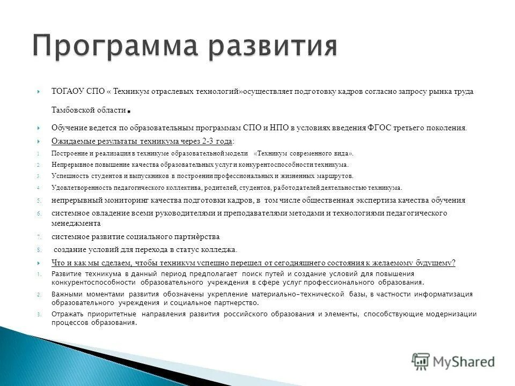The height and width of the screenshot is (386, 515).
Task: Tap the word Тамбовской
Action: point(72,110)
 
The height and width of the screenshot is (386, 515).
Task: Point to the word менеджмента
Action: point(76,224)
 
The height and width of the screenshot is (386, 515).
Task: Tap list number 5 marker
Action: point(39,201)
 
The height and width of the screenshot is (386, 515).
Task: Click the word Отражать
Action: point(69,314)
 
